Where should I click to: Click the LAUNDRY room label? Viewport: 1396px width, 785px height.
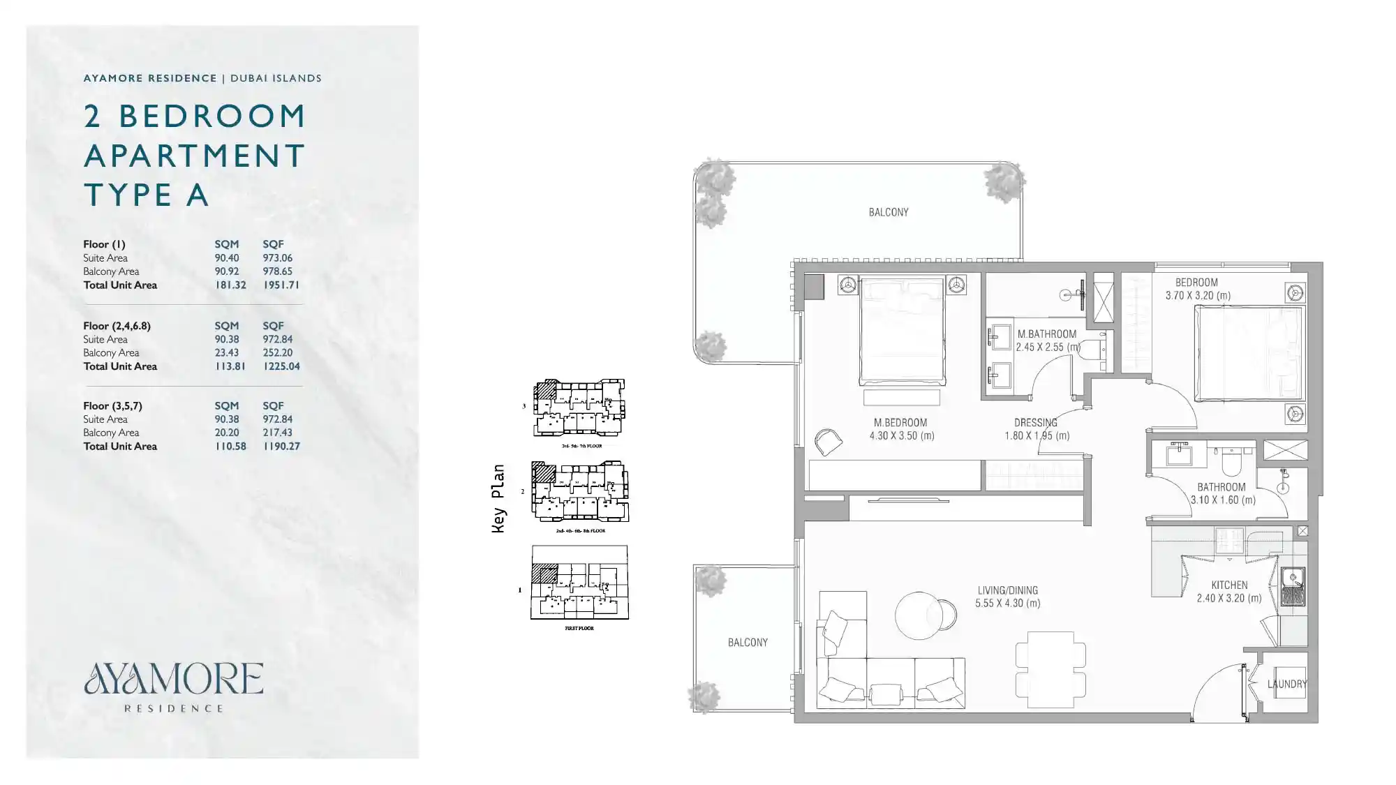(x=1286, y=684)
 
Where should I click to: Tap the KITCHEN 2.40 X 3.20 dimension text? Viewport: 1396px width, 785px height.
(x=1228, y=598)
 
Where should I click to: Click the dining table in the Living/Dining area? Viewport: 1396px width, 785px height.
(x=1050, y=670)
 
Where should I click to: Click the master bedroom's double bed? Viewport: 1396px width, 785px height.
(x=902, y=331)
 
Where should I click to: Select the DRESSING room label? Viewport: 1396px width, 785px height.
(x=1035, y=423)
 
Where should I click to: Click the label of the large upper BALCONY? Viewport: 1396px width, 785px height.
(x=888, y=212)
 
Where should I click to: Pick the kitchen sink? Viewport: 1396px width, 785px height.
(x=1293, y=578)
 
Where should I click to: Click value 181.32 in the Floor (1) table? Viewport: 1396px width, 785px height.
(x=230, y=285)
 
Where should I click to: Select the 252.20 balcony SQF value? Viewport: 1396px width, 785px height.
(x=277, y=352)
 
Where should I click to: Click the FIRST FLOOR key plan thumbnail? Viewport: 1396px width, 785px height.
(x=579, y=583)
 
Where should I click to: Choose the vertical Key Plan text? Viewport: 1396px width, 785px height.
(x=498, y=498)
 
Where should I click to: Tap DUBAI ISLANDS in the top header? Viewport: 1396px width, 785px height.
(x=276, y=78)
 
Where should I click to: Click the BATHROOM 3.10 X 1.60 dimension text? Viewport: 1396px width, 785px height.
(x=1222, y=500)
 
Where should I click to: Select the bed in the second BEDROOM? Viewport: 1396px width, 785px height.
(x=1248, y=353)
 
